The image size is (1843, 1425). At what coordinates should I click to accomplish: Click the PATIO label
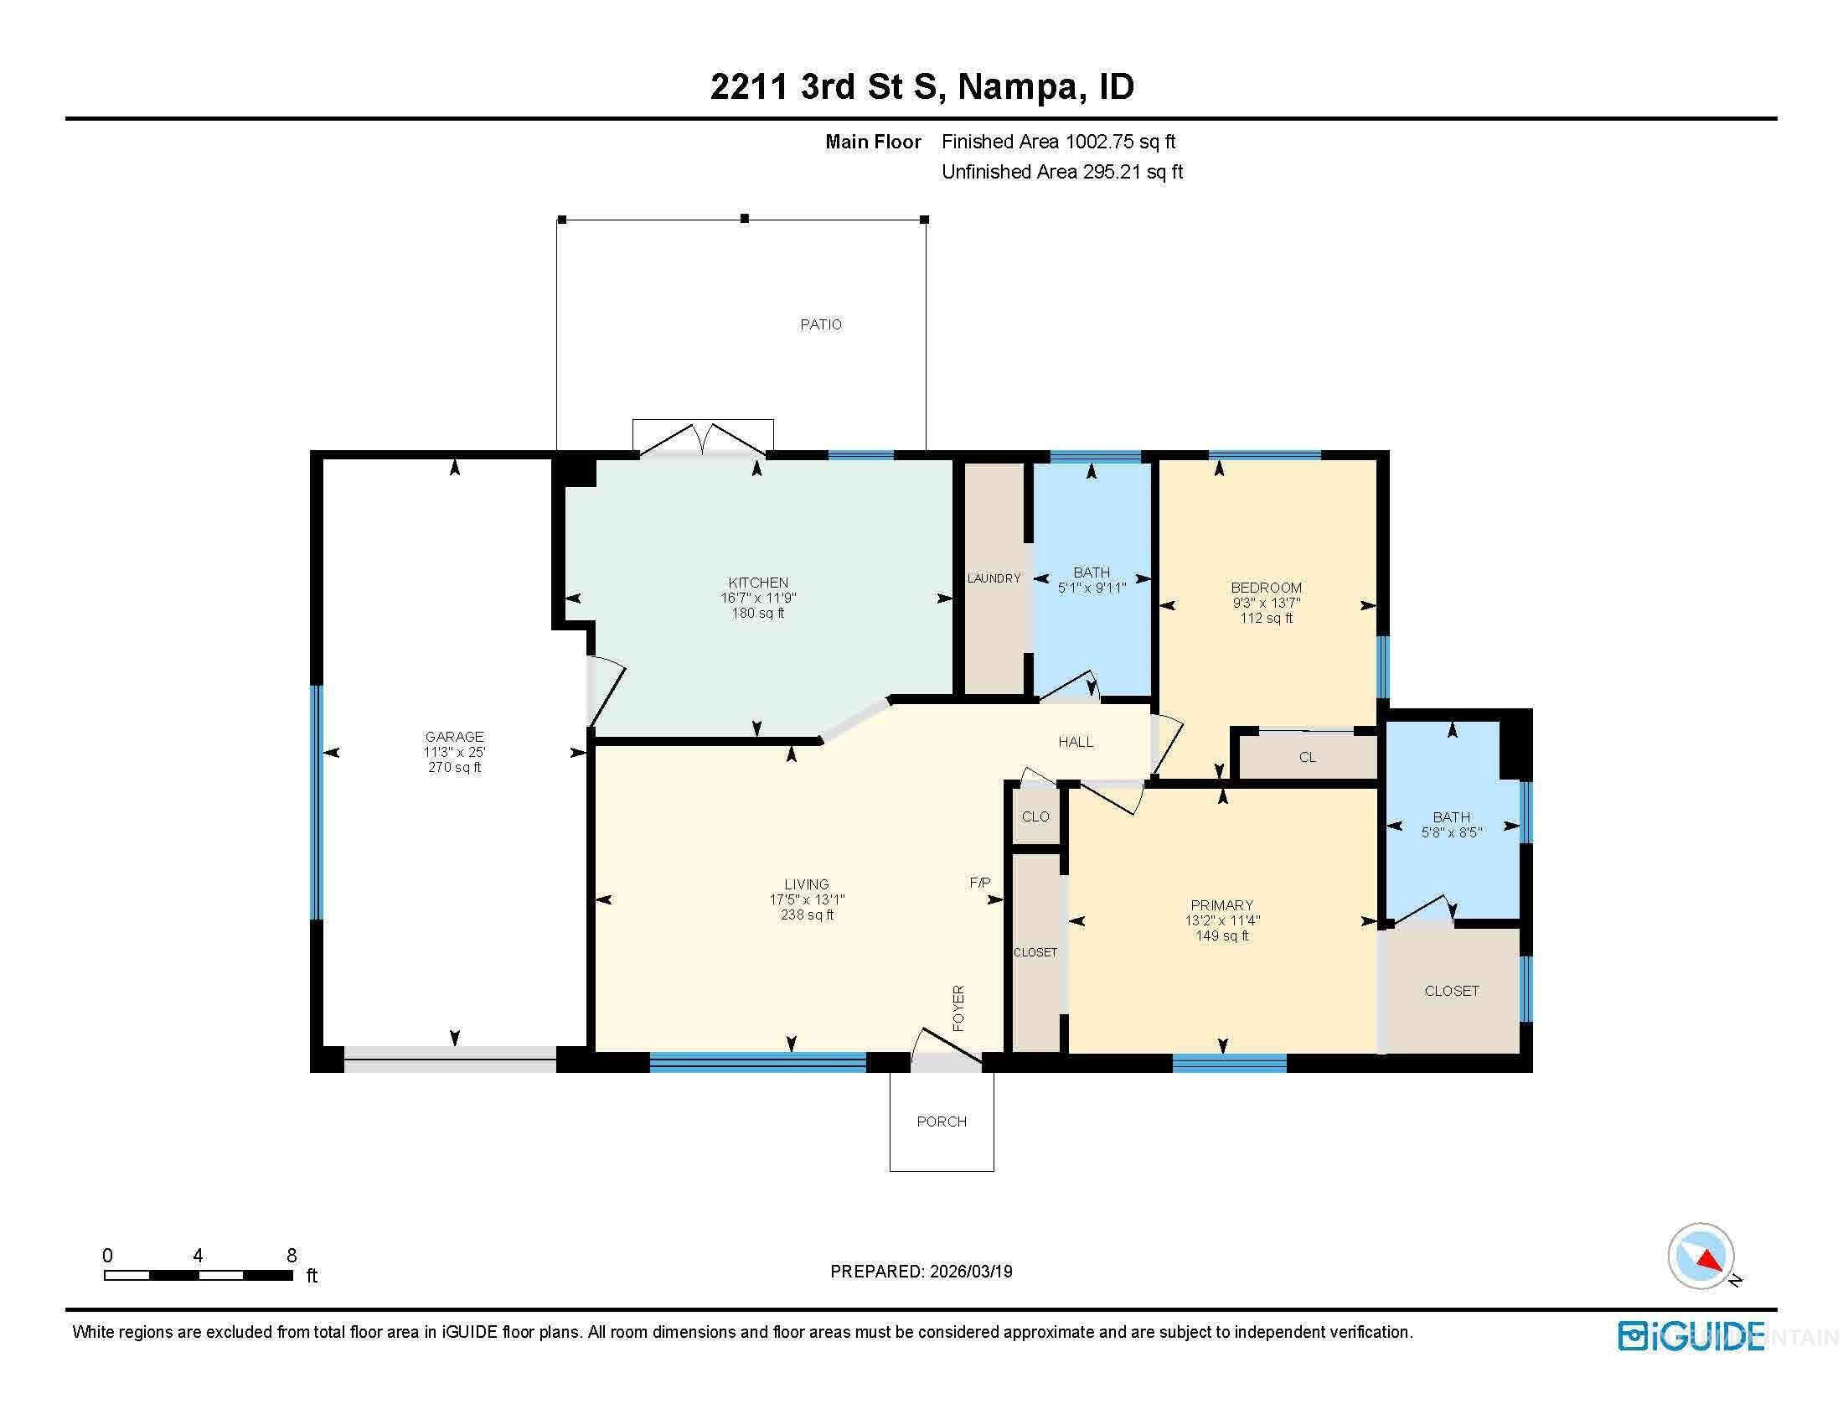820,324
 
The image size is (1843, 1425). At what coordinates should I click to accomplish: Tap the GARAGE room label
454,736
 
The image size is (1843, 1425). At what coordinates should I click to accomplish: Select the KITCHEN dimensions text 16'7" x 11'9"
758,598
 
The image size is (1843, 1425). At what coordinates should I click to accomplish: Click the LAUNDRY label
994,578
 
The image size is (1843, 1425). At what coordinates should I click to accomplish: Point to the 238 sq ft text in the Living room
807,915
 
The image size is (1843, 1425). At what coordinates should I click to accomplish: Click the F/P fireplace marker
978,883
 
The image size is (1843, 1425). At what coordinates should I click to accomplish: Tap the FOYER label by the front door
958,1008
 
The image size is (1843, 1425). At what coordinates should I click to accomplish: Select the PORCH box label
941,1121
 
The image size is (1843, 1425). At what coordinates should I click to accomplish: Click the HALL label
1075,742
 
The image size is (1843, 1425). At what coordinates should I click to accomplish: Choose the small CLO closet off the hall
1035,816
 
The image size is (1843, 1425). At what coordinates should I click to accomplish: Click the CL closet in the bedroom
1306,757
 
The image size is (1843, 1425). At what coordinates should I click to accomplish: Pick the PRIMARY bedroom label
1221,905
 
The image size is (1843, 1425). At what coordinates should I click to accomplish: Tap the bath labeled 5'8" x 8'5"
1451,825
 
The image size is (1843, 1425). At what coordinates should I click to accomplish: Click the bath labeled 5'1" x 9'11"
1091,580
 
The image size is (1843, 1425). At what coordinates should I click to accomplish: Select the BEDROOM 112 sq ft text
1266,618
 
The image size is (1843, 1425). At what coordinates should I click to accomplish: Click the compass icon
1701,1257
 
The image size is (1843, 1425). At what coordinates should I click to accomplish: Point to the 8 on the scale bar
292,1256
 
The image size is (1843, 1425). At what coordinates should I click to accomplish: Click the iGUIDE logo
1691,1336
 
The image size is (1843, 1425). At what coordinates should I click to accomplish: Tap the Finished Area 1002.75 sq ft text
1058,142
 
